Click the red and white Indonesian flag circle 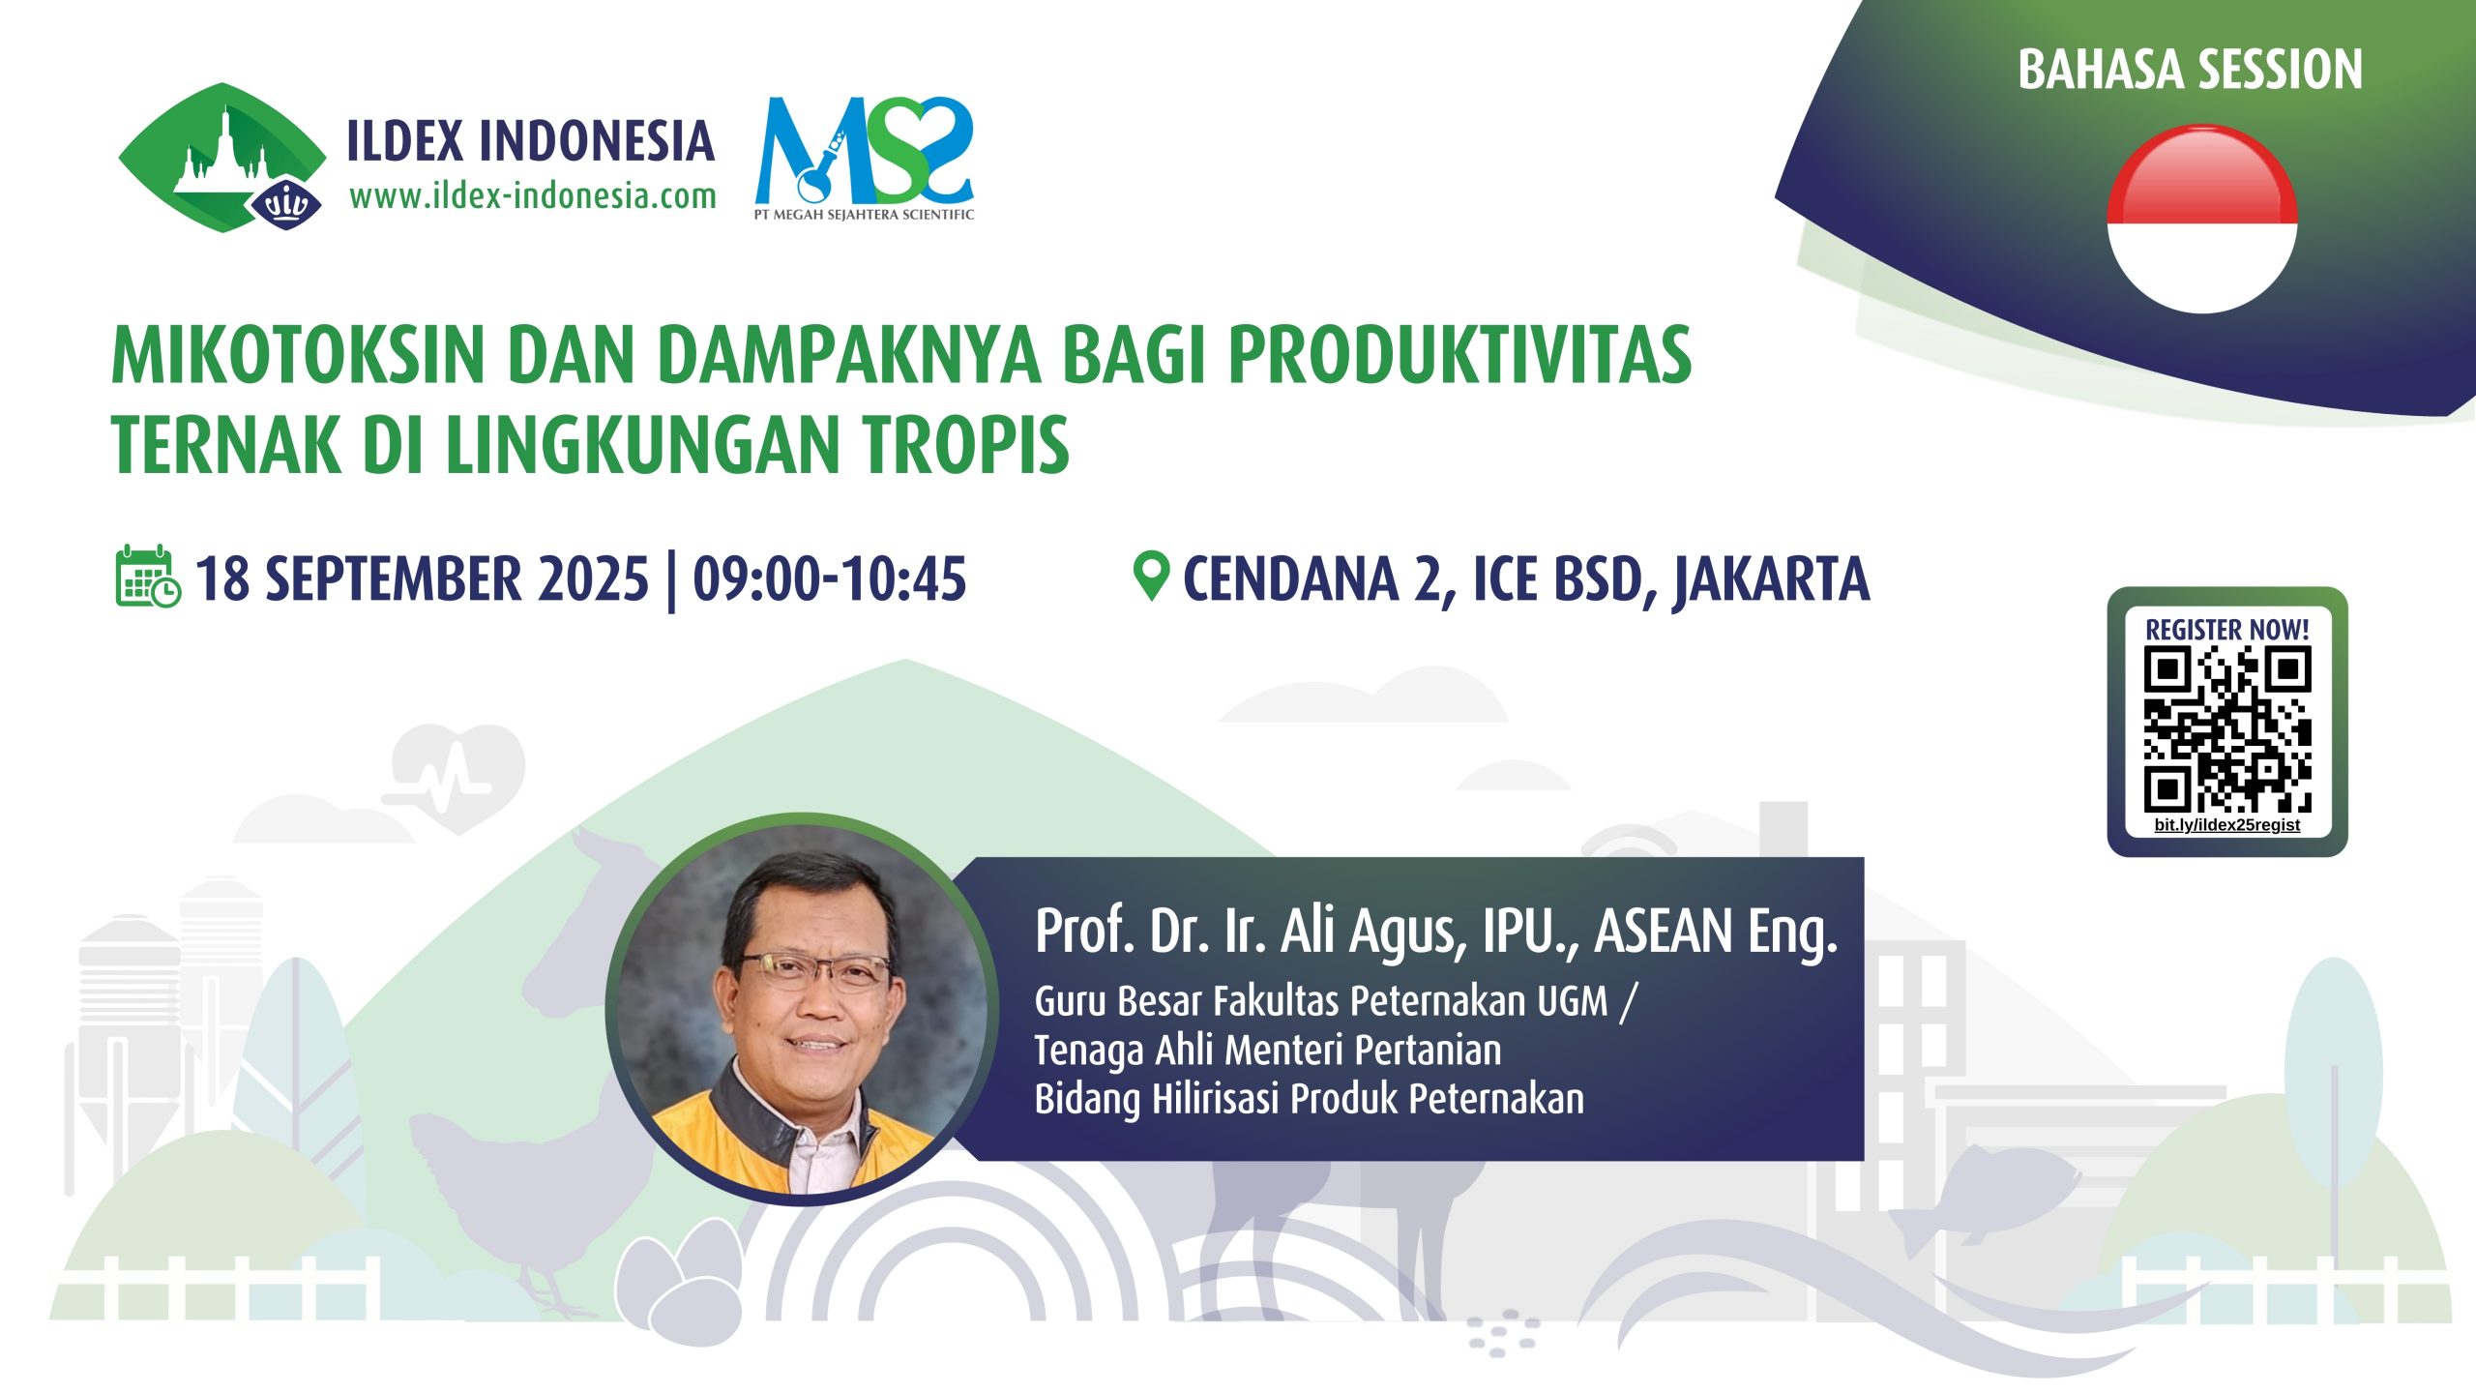[2201, 220]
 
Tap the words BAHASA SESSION [2190, 70]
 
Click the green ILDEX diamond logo [222, 158]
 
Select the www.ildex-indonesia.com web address [533, 196]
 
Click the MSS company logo [864, 158]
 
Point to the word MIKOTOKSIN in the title [298, 355]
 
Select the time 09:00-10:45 [829, 578]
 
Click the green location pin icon [1151, 577]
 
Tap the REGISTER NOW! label [2226, 629]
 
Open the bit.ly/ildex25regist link [2226, 825]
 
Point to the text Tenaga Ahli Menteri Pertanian [1268, 1051]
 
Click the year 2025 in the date [593, 578]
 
